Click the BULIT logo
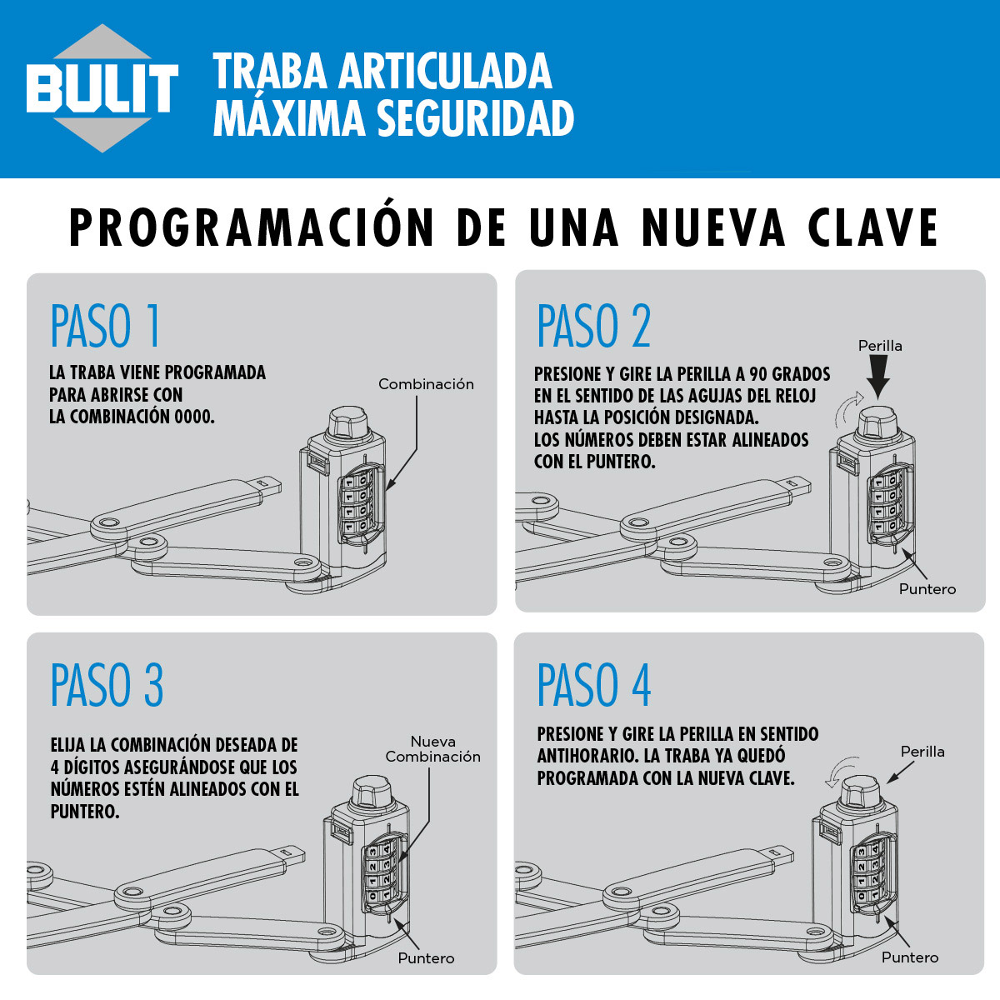(x=102, y=88)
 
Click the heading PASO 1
(x=106, y=326)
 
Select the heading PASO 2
(x=593, y=326)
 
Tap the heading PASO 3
(x=107, y=686)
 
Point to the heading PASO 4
(x=593, y=686)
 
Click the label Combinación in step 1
(x=426, y=384)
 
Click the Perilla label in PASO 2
(x=880, y=346)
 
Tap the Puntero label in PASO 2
(x=927, y=589)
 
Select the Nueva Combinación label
(x=432, y=749)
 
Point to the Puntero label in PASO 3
(x=426, y=958)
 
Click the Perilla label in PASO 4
(x=922, y=752)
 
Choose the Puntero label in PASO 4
(x=910, y=958)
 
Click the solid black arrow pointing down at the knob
(x=879, y=378)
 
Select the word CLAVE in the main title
(x=872, y=227)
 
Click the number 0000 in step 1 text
(x=194, y=417)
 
